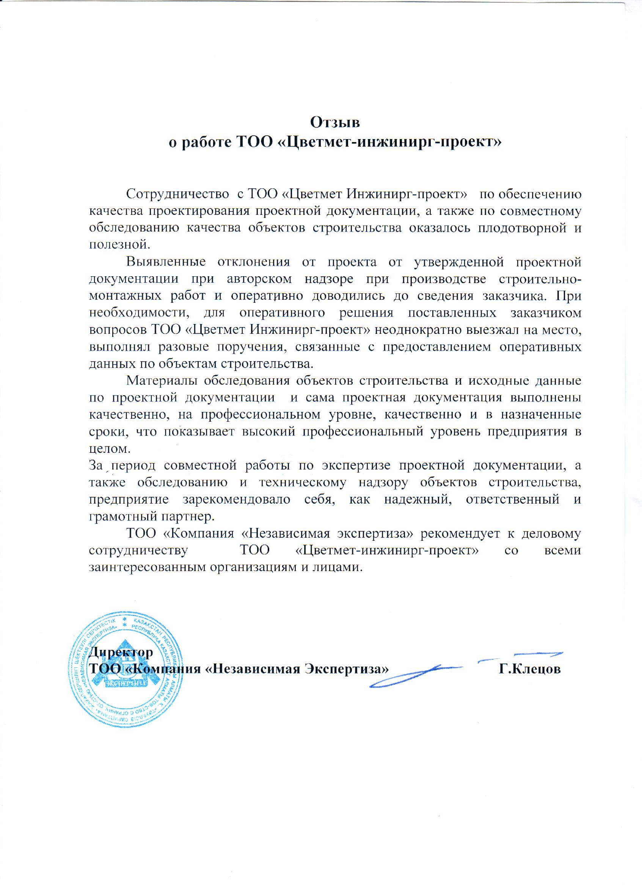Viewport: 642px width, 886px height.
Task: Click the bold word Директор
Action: click(121, 652)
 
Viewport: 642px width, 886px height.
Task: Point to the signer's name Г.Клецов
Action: click(529, 669)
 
